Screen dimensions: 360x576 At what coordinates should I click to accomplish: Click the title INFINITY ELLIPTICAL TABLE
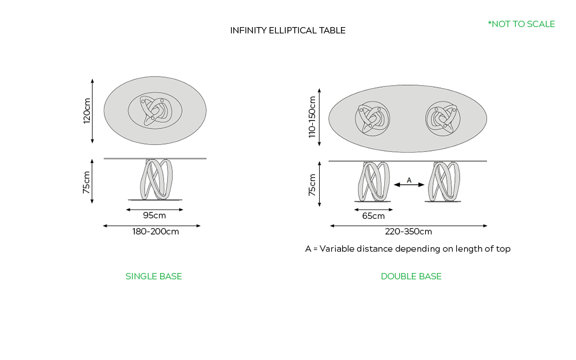pyautogui.click(x=287, y=31)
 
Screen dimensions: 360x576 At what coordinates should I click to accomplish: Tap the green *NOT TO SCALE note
pyautogui.click(x=521, y=24)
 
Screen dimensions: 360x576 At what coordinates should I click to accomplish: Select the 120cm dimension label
pyautogui.click(x=87, y=111)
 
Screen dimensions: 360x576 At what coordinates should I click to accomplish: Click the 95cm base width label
pyautogui.click(x=154, y=215)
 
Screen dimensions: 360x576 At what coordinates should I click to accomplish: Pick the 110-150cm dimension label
pyautogui.click(x=312, y=117)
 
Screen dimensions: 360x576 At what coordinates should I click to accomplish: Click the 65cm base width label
pyautogui.click(x=373, y=216)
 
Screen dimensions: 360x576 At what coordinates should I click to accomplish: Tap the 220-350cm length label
pyautogui.click(x=408, y=232)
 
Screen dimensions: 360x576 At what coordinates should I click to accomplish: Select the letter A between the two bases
pyautogui.click(x=409, y=180)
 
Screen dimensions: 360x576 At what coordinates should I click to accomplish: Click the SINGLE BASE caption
pyautogui.click(x=154, y=276)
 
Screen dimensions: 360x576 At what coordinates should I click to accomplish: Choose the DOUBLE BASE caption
pyautogui.click(x=411, y=276)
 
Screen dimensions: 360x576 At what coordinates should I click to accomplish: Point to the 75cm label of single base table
pyautogui.click(x=87, y=181)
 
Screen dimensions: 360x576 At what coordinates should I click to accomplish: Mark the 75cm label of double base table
pyautogui.click(x=312, y=184)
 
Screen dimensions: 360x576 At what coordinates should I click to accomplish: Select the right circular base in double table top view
pyautogui.click(x=443, y=119)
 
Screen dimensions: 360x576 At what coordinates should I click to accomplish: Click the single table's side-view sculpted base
pyautogui.click(x=154, y=179)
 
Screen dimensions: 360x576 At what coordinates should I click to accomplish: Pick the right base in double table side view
pyautogui.click(x=443, y=181)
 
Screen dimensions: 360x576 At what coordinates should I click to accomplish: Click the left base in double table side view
pyautogui.click(x=374, y=181)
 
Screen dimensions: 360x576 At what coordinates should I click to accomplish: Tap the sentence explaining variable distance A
pyautogui.click(x=408, y=249)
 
